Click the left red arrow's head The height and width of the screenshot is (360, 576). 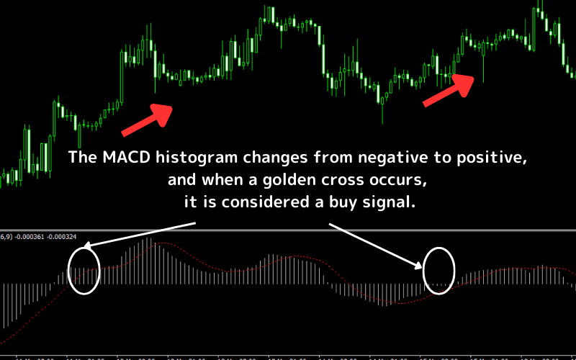pyautogui.click(x=166, y=112)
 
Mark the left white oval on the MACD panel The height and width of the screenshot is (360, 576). pyautogui.click(x=84, y=270)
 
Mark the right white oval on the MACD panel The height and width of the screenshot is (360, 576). pyautogui.click(x=439, y=270)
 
